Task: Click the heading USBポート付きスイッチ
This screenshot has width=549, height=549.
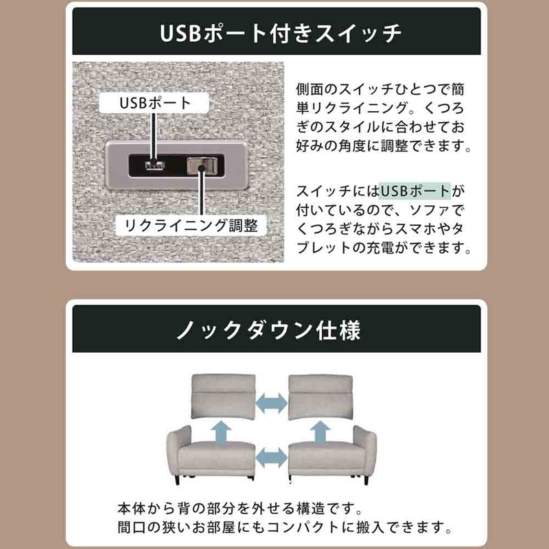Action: [280, 33]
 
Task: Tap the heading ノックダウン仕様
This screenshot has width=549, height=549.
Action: [268, 330]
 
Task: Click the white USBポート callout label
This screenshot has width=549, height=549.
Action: [154, 102]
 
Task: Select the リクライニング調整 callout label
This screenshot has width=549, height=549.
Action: [191, 225]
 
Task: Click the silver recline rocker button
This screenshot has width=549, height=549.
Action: [202, 165]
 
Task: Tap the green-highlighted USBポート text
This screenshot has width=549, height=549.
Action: [415, 191]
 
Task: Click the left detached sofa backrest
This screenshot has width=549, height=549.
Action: [224, 396]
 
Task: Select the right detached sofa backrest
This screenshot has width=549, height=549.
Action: [320, 397]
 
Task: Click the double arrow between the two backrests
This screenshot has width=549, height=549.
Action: [272, 403]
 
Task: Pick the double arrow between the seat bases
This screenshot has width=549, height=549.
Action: [272, 457]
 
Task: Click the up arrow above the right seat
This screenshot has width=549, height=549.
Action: [320, 432]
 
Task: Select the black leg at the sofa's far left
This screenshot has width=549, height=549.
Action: [177, 480]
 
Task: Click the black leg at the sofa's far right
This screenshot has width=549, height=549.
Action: [366, 480]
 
